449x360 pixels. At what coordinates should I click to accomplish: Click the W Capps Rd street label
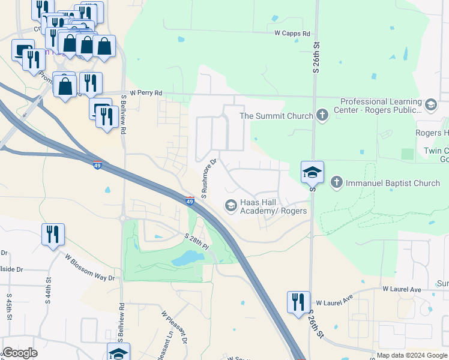292,34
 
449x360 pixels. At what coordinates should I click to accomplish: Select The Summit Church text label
276,116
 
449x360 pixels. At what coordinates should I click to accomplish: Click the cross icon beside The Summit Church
322,115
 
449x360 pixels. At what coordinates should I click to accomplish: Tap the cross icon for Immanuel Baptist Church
337,182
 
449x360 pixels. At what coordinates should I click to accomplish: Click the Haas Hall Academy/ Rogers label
274,206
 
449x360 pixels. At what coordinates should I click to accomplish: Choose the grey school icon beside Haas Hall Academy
231,206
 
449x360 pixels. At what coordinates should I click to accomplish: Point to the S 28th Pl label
197,242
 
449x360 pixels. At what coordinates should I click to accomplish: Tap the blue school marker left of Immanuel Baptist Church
312,172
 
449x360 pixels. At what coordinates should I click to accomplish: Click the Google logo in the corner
20,353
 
